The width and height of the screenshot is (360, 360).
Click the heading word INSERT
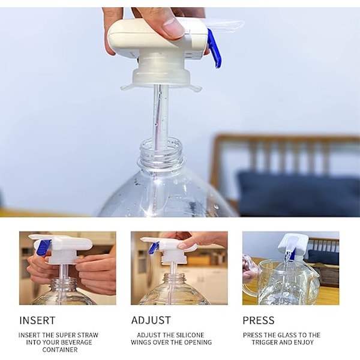click(x=37, y=320)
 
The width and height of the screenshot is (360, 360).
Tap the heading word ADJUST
click(x=151, y=320)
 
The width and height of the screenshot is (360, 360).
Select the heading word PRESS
click(x=259, y=320)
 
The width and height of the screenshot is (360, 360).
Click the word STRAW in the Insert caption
click(x=88, y=335)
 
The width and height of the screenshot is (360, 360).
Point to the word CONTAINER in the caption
click(x=60, y=350)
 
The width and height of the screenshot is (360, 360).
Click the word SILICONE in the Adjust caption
click(x=191, y=335)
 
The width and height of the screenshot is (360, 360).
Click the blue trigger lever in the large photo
click(x=214, y=49)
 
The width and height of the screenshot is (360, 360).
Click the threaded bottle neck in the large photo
click(x=161, y=153)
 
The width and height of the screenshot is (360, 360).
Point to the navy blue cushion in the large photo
click(x=298, y=193)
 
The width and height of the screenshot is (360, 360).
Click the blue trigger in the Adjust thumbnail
click(x=154, y=247)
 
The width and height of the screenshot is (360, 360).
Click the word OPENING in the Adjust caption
click(x=199, y=343)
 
